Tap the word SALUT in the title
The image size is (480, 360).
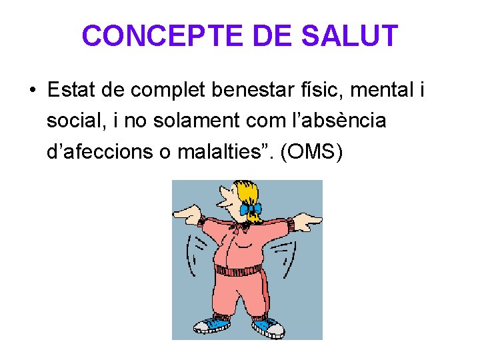[350, 36]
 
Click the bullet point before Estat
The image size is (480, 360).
[32, 89]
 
